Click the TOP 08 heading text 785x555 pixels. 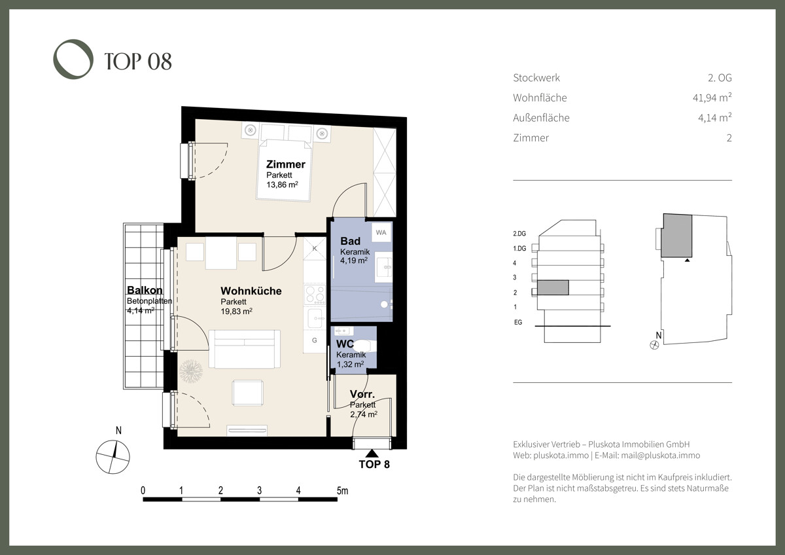[x=138, y=62]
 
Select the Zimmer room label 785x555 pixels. [x=286, y=164]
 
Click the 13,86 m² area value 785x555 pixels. [x=282, y=185]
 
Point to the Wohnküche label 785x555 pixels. [x=251, y=291]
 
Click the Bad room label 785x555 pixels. [x=350, y=241]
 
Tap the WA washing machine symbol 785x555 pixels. [x=381, y=232]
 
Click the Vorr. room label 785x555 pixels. [x=362, y=394]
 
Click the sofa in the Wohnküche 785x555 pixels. [x=244, y=349]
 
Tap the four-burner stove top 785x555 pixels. [x=315, y=295]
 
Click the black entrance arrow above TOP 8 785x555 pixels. [x=372, y=454]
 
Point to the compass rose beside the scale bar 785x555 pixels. [x=113, y=457]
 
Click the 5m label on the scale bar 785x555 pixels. [x=342, y=490]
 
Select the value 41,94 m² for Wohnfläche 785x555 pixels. [x=712, y=97]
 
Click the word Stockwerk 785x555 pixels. [x=536, y=77]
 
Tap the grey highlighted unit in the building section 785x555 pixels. [x=553, y=287]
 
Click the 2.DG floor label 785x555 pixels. [x=519, y=234]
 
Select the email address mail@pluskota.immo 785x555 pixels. [x=661, y=456]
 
